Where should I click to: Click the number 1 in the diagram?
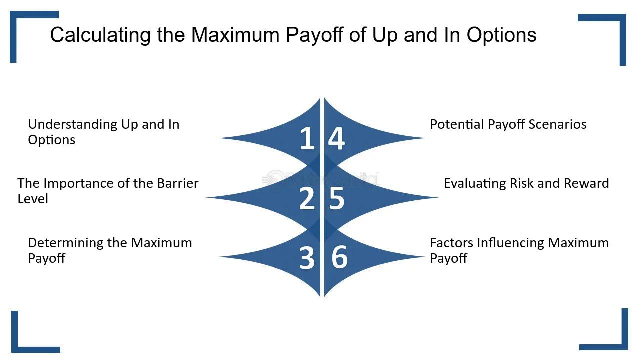tap(307, 138)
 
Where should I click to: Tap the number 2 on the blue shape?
tap(307, 198)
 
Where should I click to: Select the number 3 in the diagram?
tap(307, 258)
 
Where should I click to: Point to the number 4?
tap(336, 138)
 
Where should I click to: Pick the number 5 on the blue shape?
tap(337, 198)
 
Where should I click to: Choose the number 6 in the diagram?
tap(339, 257)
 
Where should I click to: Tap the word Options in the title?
tap(501, 35)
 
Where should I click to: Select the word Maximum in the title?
tap(235, 35)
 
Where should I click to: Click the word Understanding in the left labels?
tap(73, 125)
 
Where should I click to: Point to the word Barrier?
tap(177, 183)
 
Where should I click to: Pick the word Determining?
tap(66, 243)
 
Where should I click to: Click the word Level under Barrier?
tap(33, 199)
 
